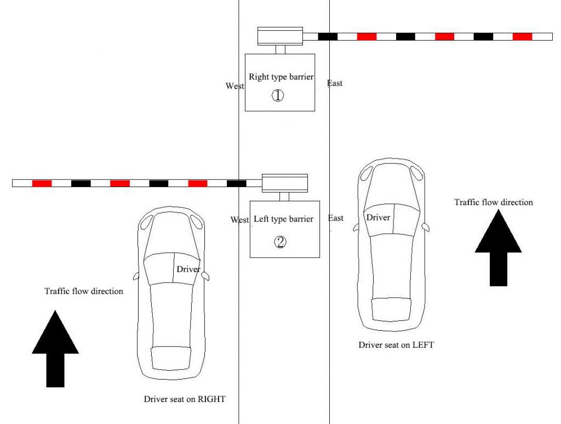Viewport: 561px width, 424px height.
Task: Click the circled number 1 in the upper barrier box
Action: (278, 95)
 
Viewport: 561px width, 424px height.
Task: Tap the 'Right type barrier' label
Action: (280, 77)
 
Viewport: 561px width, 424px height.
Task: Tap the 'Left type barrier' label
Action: (283, 219)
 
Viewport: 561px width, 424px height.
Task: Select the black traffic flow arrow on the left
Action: (55, 348)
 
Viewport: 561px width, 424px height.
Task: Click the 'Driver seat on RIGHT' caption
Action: (184, 399)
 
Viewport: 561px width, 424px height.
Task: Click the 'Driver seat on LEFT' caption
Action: (396, 345)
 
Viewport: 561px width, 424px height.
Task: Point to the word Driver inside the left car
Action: (188, 269)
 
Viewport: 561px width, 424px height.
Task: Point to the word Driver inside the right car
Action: (379, 218)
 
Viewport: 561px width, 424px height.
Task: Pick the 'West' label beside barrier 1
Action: (234, 86)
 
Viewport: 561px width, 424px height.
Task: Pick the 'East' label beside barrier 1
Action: (335, 83)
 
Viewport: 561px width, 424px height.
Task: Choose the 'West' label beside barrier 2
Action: (239, 220)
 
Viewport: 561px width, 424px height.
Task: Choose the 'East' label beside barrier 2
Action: (336, 218)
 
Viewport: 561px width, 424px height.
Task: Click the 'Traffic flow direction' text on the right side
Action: (493, 202)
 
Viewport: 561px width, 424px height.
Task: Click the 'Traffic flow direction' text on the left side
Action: (84, 291)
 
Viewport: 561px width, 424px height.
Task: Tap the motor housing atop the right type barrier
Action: (280, 36)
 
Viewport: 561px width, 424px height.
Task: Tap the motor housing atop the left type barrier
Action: (285, 183)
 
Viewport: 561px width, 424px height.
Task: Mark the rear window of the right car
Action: (392, 308)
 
